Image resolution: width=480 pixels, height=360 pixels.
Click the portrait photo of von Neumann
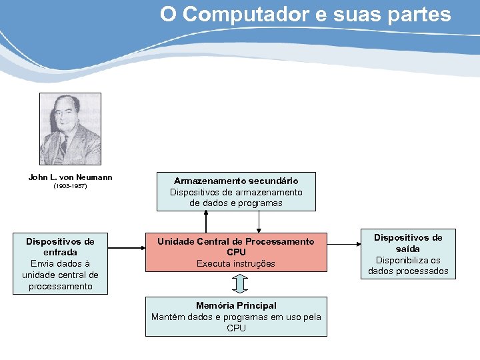(x=70, y=129)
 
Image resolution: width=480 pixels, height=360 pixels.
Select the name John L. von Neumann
(x=70, y=177)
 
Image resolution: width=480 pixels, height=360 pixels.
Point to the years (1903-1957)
(x=70, y=187)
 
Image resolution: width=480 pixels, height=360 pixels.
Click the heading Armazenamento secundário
(x=236, y=181)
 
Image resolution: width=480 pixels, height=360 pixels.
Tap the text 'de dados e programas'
(x=236, y=203)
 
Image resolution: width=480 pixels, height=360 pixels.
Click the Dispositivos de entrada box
(x=60, y=263)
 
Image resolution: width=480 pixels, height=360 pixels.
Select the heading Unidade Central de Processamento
(x=236, y=241)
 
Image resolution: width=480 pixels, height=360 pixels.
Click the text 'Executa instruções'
(x=236, y=263)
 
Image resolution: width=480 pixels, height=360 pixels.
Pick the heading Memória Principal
(x=236, y=305)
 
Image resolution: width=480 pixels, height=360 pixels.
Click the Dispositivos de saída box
(x=408, y=254)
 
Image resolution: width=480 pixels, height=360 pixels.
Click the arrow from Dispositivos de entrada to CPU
(x=124, y=253)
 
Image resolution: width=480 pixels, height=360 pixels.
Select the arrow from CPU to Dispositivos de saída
(x=343, y=253)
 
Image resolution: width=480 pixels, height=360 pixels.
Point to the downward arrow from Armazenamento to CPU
(x=259, y=223)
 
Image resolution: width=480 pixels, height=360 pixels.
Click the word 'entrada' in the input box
(x=60, y=253)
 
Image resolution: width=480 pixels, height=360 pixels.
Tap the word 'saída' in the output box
(x=408, y=249)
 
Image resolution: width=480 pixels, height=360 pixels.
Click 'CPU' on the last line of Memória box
(x=236, y=328)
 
